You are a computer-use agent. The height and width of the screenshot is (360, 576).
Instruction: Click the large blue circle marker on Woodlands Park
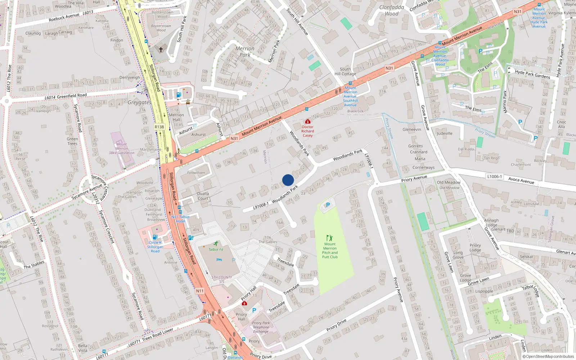(288, 180)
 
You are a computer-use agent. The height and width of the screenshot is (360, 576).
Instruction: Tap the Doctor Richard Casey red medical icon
(307, 122)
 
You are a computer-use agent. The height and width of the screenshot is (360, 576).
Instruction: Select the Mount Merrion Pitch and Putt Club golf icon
(329, 238)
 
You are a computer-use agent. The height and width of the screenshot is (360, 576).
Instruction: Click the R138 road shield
(159, 127)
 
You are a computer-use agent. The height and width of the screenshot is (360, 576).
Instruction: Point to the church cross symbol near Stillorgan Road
(161, 49)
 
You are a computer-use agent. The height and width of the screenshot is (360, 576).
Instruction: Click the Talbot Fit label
(216, 249)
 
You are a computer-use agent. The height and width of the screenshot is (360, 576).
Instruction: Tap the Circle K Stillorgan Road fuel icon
(155, 237)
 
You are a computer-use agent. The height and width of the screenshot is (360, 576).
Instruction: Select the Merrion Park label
(245, 51)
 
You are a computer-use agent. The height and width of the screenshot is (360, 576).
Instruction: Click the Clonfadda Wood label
(392, 10)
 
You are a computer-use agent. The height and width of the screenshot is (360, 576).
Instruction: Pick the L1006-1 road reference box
(494, 176)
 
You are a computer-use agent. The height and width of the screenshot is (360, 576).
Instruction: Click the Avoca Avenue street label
(521, 180)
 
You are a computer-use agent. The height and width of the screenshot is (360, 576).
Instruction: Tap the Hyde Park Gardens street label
(532, 74)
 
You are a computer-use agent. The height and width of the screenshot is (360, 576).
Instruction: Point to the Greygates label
(139, 103)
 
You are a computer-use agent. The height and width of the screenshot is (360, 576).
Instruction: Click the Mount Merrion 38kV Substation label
(122, 148)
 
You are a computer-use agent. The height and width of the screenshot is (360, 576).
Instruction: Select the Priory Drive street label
(336, 325)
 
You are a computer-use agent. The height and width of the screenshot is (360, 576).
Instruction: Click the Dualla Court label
(203, 196)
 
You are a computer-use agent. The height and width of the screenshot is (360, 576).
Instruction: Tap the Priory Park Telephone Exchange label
(261, 327)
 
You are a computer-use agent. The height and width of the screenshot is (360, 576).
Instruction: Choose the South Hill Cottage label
(345, 71)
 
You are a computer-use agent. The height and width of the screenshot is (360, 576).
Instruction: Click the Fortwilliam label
(196, 173)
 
